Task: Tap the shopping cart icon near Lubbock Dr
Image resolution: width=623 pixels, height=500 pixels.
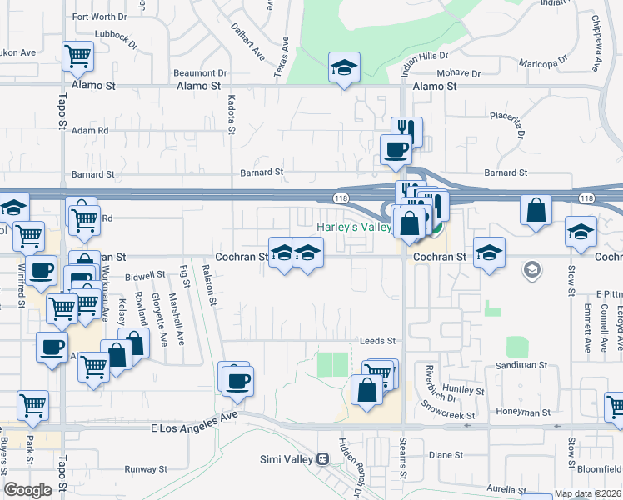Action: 77,57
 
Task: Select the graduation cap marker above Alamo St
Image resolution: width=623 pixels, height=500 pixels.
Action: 344,69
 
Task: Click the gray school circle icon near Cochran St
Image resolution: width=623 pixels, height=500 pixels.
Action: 531,270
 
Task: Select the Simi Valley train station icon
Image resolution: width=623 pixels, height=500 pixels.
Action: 321,458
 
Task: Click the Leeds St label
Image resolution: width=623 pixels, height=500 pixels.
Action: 376,341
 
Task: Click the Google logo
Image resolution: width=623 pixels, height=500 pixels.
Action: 27,490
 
